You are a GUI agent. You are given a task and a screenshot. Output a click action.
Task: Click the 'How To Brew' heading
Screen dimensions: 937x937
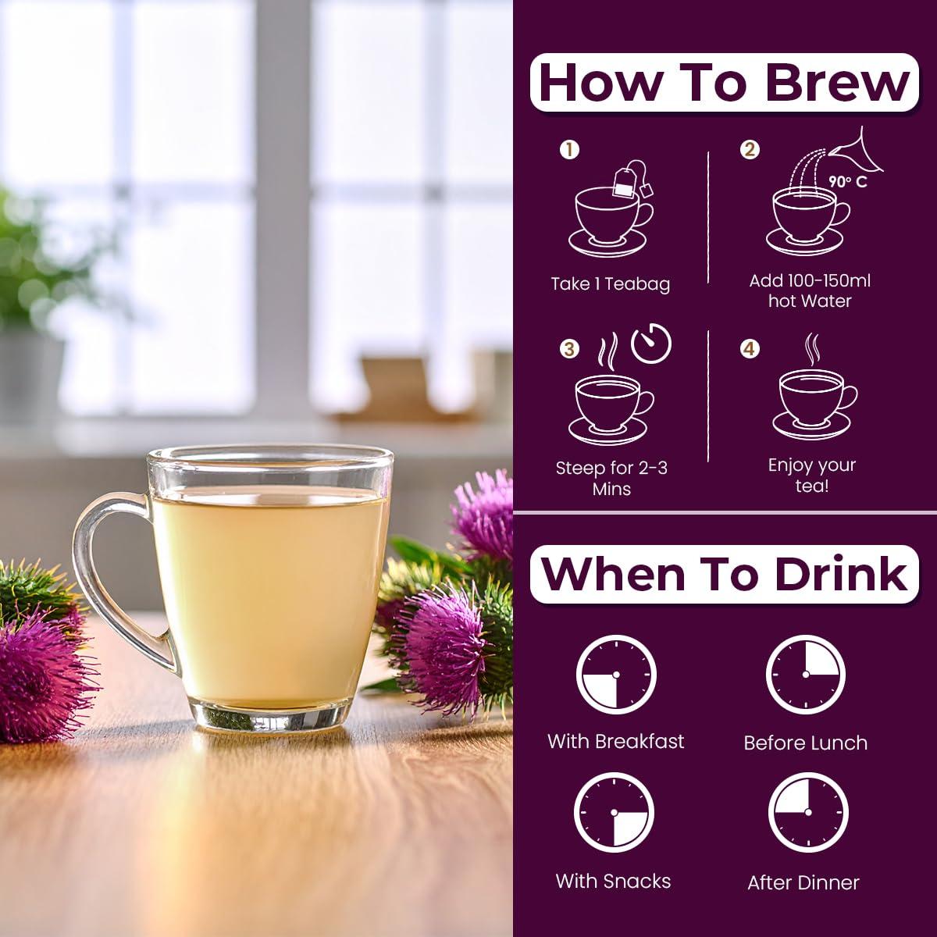coord(724,83)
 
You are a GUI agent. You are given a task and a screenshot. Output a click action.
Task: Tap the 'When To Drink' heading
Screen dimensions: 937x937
coord(724,574)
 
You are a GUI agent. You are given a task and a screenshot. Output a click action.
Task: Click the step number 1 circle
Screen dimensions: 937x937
coord(569,149)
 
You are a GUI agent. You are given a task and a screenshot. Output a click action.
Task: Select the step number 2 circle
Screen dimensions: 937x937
coord(750,149)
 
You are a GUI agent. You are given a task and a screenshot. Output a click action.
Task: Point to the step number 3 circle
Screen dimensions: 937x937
coord(569,348)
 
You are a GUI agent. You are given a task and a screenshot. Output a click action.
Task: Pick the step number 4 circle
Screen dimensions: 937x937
coord(750,348)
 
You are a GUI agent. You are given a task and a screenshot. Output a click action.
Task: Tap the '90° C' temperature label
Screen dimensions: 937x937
coord(848,182)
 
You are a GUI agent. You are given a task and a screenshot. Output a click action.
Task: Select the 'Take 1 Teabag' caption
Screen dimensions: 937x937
coord(610,284)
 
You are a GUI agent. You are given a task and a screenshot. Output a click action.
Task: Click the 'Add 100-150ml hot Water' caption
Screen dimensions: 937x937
coord(810,290)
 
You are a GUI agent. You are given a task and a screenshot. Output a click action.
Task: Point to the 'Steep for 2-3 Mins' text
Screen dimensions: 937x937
coord(611,478)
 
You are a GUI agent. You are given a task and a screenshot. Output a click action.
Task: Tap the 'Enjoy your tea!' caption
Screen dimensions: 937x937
coord(811,475)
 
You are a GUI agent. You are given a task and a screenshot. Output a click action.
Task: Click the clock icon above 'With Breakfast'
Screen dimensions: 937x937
coord(615,674)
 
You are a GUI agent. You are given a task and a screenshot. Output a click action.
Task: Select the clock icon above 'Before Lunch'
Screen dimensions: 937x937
coord(806,674)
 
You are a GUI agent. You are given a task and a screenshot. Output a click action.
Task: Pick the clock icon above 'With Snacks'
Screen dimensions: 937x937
coord(613,812)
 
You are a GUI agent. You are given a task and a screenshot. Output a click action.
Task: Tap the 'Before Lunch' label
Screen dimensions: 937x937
coord(805,743)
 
